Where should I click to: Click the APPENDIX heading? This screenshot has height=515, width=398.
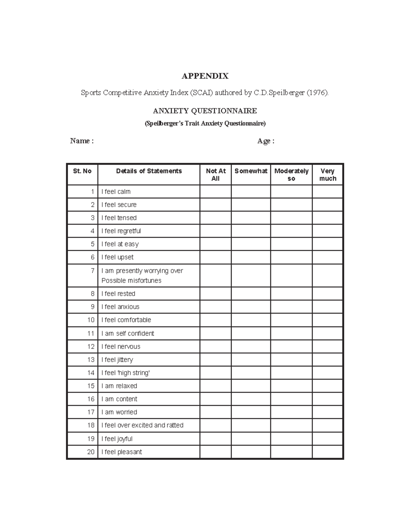[205, 76]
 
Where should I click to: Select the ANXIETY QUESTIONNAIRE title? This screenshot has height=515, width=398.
[205, 111]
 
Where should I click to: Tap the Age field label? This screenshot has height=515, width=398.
[266, 141]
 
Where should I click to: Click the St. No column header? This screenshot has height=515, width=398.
[82, 171]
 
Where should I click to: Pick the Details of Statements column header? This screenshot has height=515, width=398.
[149, 171]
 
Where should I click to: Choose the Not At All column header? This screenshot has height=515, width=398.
[216, 175]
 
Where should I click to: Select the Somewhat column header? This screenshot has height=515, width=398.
[251, 171]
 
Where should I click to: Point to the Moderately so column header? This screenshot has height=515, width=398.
[291, 175]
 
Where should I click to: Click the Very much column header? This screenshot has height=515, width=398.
[328, 175]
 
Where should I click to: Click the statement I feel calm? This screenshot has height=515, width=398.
[116, 192]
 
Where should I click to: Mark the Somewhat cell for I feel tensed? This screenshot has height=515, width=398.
[251, 218]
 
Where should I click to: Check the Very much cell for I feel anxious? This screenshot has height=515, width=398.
[328, 307]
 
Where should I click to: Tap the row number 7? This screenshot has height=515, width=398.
[93, 271]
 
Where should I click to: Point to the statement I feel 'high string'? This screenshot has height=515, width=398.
[126, 373]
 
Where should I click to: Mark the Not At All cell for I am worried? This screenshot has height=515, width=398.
[216, 412]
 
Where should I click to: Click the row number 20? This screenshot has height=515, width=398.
[91, 452]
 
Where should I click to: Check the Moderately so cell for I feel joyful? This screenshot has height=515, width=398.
[291, 439]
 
